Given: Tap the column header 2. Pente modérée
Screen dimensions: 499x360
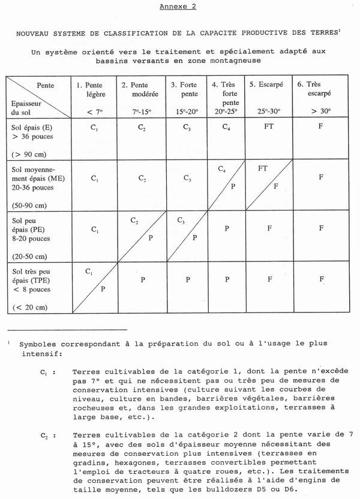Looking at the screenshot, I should pyautogui.click(x=141, y=91).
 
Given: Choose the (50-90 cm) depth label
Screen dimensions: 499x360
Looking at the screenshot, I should pyautogui.click(x=30, y=205).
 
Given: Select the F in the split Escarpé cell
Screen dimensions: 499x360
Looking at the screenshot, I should pyautogui.click(x=276, y=187).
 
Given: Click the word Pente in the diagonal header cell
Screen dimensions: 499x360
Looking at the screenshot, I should pyautogui.click(x=46, y=86).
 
